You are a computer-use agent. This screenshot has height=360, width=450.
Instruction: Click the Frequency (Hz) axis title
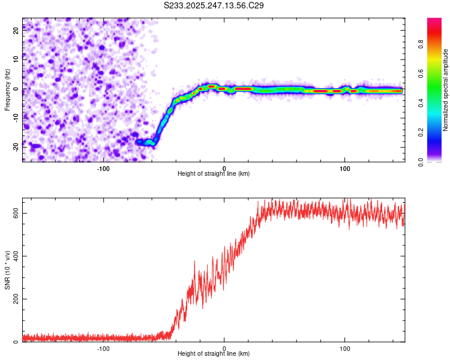(7, 89)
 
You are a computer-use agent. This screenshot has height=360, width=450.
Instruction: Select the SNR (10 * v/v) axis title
(7, 269)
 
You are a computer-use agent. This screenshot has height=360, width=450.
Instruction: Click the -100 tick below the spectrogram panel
(103, 168)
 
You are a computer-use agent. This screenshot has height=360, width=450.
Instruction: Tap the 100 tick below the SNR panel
(345, 348)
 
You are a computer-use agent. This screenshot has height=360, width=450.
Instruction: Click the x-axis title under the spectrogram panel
(214, 174)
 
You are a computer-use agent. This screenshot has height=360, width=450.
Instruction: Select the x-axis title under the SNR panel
(214, 354)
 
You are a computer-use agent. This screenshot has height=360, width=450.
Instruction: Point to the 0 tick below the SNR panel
(224, 348)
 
